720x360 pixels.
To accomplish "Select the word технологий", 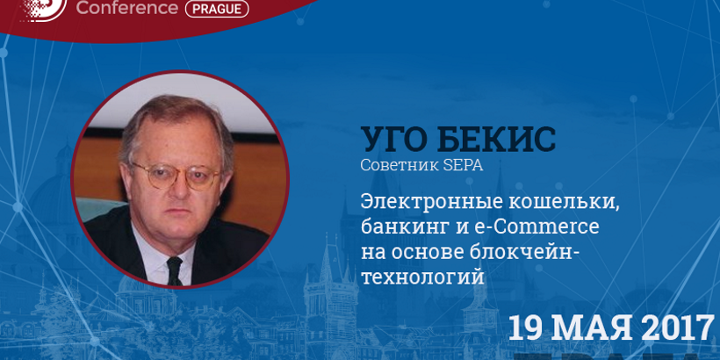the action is coord(423,277).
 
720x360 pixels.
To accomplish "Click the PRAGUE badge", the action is coord(217,9).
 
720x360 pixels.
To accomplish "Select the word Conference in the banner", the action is coord(126,8).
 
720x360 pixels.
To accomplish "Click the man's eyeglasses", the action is coord(176,175).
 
